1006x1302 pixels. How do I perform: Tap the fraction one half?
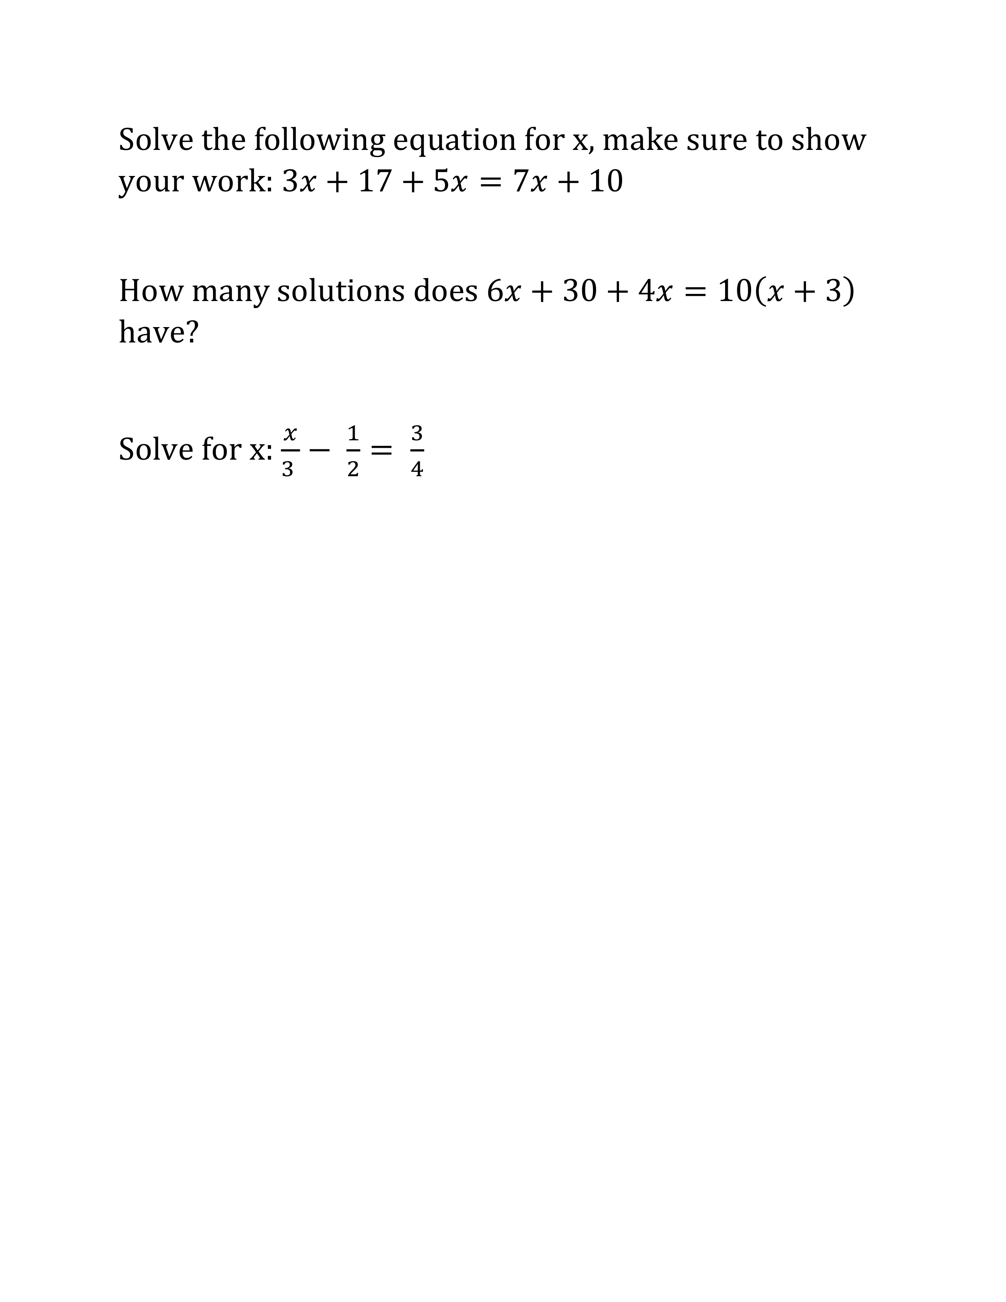point(353,451)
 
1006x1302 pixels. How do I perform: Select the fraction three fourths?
point(417,451)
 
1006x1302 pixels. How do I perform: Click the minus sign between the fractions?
point(320,451)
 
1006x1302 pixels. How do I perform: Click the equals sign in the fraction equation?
point(381,451)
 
